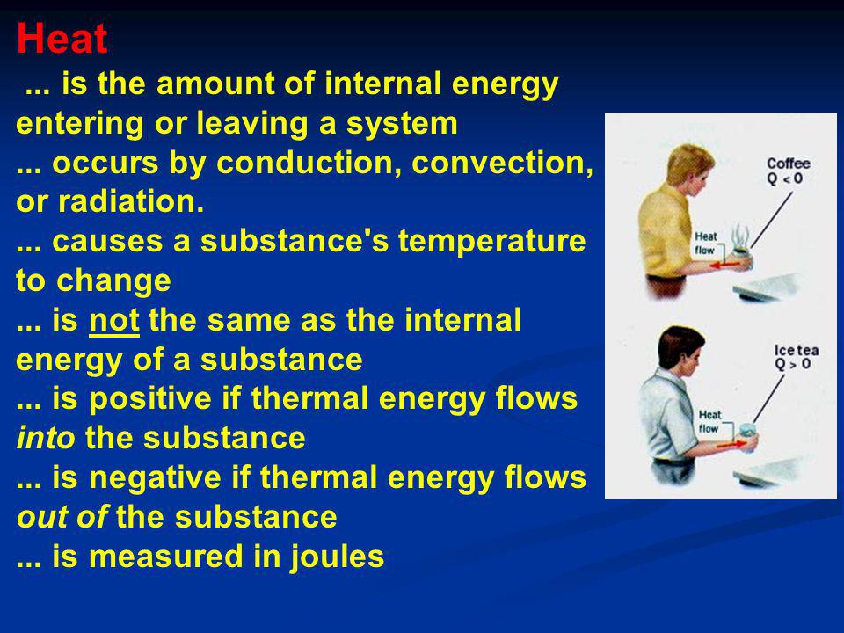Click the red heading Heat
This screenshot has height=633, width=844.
point(62,39)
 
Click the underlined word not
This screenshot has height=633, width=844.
point(114,320)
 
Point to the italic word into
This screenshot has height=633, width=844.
point(46,438)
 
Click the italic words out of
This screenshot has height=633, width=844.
point(62,517)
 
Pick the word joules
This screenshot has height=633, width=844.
point(337,557)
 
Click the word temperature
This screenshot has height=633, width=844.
point(492,242)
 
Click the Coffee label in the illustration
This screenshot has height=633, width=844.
point(788,164)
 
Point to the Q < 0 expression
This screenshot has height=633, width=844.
point(785,178)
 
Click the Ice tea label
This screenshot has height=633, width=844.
point(797,351)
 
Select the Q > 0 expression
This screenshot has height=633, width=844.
point(792,364)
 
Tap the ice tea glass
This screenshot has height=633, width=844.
point(747,436)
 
